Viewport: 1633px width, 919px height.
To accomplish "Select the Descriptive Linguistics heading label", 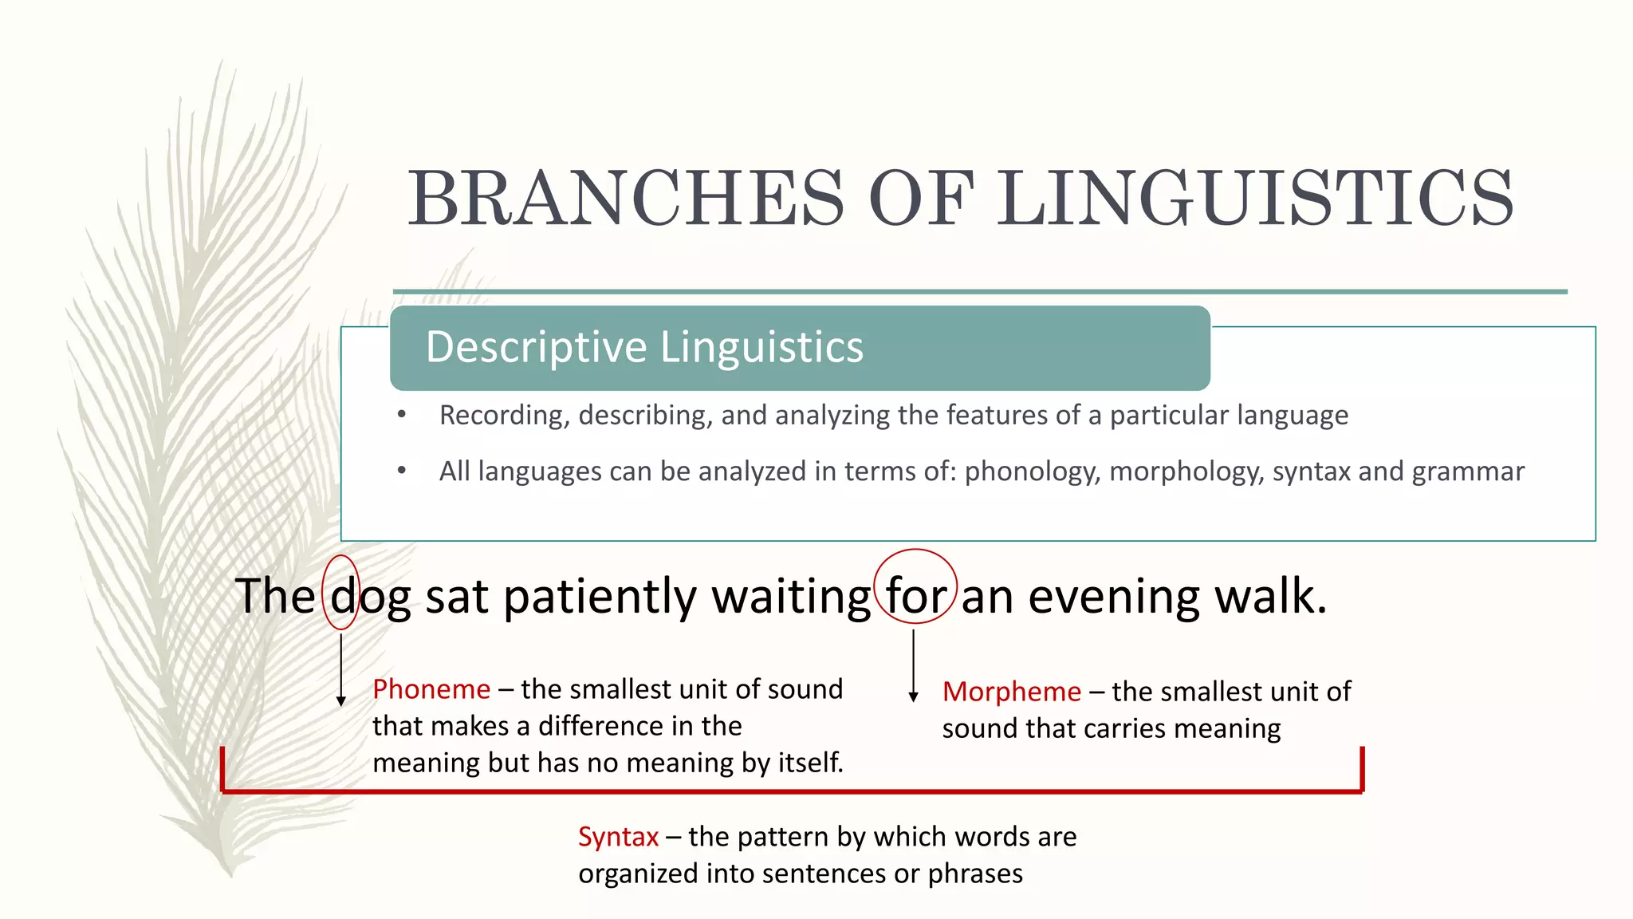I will point(644,348).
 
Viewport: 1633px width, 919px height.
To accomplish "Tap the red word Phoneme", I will point(431,689).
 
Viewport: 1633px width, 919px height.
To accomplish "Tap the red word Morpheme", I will point(1011,692).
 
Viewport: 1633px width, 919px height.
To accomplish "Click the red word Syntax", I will point(618,837).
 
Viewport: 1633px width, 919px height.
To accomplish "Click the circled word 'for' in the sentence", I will point(916,596).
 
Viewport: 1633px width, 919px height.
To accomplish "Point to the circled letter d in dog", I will point(342,596).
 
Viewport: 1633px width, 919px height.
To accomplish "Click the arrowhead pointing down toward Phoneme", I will point(341,701).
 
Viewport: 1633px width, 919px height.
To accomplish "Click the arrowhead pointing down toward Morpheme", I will point(914,697).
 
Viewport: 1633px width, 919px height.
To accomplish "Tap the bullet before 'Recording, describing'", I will point(402,415).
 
